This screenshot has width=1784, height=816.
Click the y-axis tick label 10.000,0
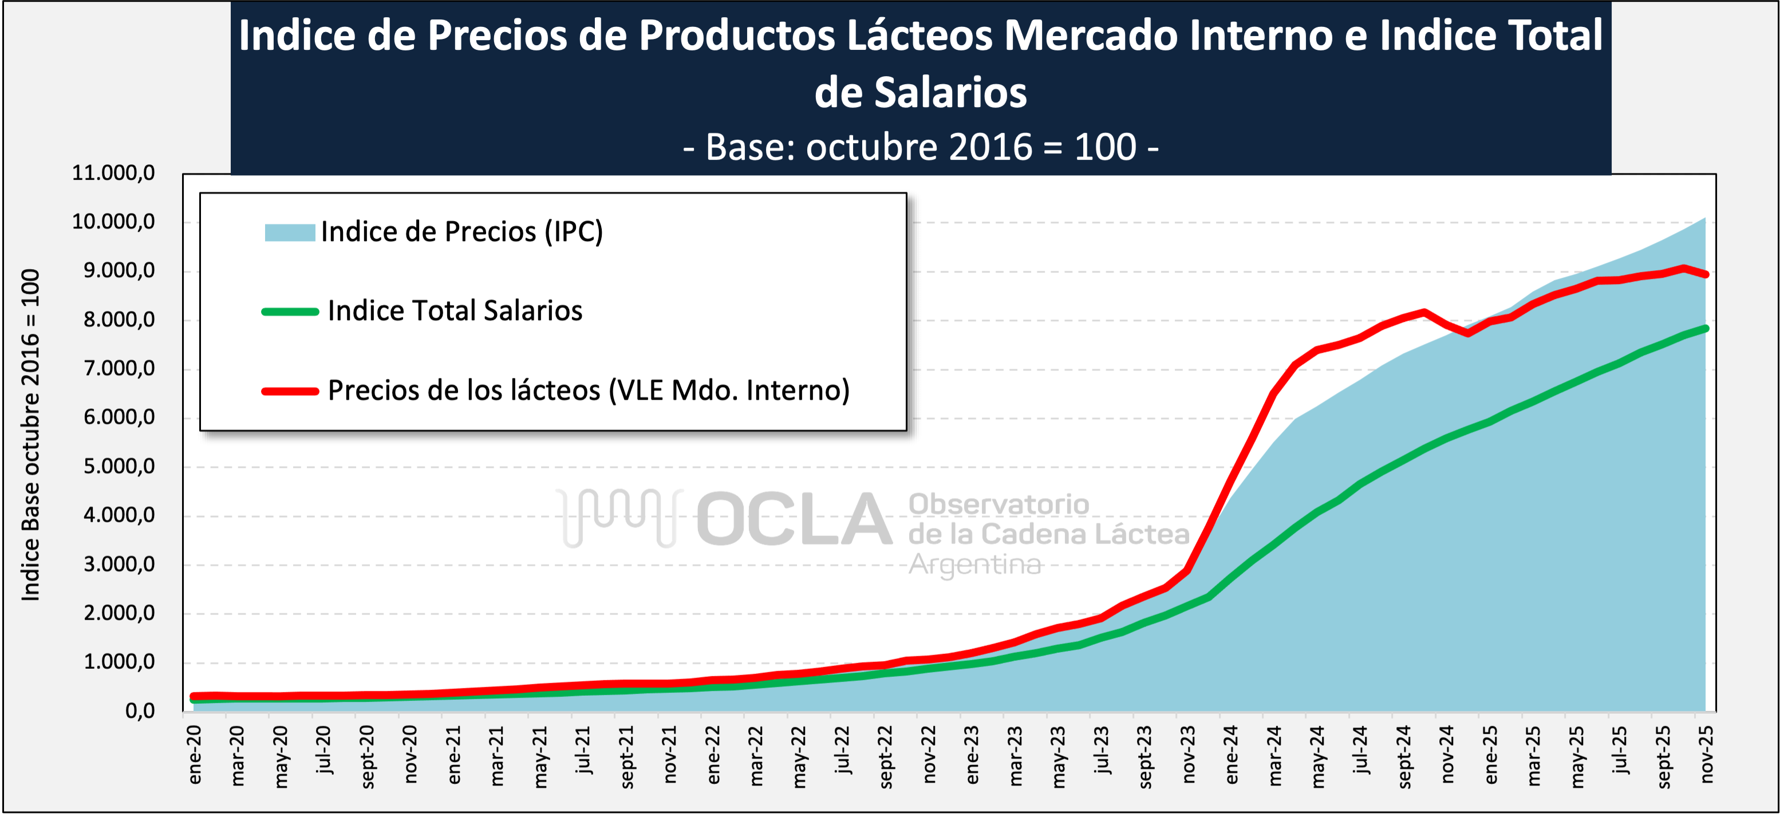point(113,222)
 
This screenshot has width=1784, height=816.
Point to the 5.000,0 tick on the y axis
point(119,466)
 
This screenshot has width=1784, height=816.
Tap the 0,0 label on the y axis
point(140,711)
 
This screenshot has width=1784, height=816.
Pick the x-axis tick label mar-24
point(1274,755)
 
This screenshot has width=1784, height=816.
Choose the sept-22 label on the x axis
point(885,756)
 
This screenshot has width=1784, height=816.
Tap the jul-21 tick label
point(583,750)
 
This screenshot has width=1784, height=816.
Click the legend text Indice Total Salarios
point(455,310)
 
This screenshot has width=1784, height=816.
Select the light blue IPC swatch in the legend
point(290,232)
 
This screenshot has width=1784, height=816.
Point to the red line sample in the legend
point(290,391)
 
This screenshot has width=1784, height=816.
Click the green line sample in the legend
point(290,312)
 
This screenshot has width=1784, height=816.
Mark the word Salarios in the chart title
point(921,92)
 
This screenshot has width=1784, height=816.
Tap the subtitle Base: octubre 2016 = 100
point(921,146)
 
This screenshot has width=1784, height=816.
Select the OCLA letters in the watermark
point(794,519)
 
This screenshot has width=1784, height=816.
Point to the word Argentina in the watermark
point(974,565)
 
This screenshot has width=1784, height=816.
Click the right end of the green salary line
point(1705,328)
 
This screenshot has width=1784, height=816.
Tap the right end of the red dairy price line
point(1705,274)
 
